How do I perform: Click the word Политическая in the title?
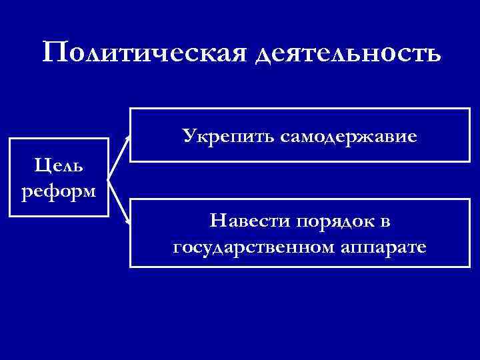pyautogui.click(x=144, y=52)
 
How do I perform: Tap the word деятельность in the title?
pyautogui.click(x=347, y=53)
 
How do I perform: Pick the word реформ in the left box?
pyautogui.click(x=59, y=191)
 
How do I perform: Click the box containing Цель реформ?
pyautogui.click(x=59, y=177)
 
